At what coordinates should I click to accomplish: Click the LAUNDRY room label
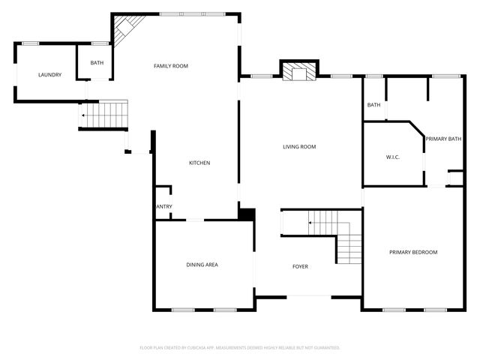click(49, 75)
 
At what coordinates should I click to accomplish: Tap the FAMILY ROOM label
click(170, 67)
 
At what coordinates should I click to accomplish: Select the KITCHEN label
click(199, 163)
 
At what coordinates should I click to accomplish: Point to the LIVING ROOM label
click(299, 147)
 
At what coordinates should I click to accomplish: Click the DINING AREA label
click(202, 265)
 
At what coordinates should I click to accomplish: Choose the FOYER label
click(300, 267)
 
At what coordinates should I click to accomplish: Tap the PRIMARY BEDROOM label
click(412, 253)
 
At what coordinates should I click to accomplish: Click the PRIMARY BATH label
click(443, 139)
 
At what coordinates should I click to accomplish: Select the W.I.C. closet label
click(392, 157)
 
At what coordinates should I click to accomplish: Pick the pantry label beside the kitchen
click(163, 206)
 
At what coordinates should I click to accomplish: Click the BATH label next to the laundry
click(97, 63)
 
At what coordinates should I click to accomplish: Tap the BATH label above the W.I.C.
click(373, 105)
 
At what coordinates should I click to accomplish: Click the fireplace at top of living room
click(299, 72)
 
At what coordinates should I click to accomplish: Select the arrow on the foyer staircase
click(310, 222)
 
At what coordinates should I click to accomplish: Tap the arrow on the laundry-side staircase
click(83, 115)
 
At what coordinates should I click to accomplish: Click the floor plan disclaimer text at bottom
click(240, 348)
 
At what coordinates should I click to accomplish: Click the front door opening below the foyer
click(308, 296)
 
